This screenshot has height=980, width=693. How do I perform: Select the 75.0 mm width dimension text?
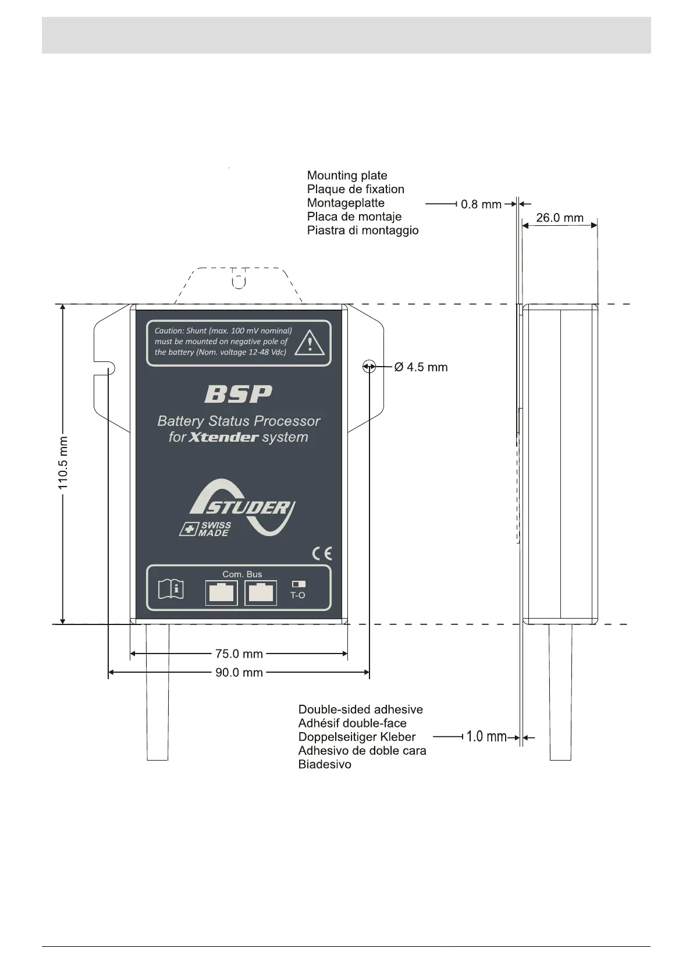(x=239, y=654)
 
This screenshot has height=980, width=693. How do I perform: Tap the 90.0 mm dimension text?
(x=239, y=673)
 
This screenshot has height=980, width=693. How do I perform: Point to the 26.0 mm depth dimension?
(x=559, y=218)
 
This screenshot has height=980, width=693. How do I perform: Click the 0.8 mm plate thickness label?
(x=481, y=204)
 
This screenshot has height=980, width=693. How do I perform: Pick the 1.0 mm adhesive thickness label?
(x=486, y=737)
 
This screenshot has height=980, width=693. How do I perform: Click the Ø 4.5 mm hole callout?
(x=421, y=367)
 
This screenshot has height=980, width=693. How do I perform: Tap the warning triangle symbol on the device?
(x=310, y=343)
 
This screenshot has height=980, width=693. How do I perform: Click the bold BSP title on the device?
(x=238, y=395)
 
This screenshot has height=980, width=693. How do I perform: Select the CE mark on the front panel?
(x=322, y=553)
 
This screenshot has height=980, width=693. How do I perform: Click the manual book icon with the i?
(x=171, y=589)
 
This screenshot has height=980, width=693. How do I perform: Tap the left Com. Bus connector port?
(x=221, y=593)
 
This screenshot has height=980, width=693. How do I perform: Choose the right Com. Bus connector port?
(x=260, y=593)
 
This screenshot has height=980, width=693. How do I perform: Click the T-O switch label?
(x=297, y=595)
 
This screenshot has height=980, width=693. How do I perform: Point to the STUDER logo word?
(x=247, y=507)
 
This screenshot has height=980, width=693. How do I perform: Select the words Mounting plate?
(x=347, y=175)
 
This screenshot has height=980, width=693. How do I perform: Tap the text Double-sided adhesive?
(x=360, y=709)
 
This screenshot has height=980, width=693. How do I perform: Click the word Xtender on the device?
(x=223, y=438)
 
